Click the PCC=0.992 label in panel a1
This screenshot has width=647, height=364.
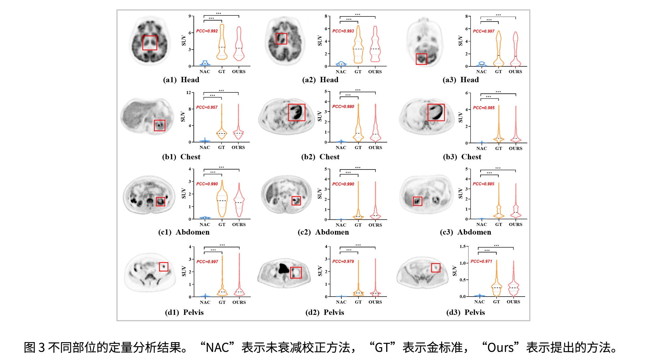click(207, 31)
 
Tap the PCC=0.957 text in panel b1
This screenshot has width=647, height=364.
click(207, 108)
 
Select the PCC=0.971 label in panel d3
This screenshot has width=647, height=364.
click(481, 262)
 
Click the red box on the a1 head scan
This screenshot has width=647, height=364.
click(150, 43)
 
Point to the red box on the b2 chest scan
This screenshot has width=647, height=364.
click(297, 112)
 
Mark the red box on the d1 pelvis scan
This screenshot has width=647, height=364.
click(163, 267)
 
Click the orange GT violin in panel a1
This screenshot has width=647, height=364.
click(222, 42)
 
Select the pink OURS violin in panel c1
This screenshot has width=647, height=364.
click(239, 201)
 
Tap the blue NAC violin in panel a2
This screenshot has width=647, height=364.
click(341, 63)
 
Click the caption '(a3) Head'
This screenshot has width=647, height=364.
click(461, 80)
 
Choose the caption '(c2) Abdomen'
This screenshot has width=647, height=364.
click(323, 232)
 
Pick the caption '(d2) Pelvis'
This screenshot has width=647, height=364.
click(325, 312)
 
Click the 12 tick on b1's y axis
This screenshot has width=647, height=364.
click(189, 93)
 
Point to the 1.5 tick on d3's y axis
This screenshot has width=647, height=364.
click(462, 247)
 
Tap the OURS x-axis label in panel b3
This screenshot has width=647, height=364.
click(516, 148)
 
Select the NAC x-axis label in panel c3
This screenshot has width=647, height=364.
click(482, 224)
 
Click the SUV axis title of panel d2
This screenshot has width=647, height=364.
click(320, 271)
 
